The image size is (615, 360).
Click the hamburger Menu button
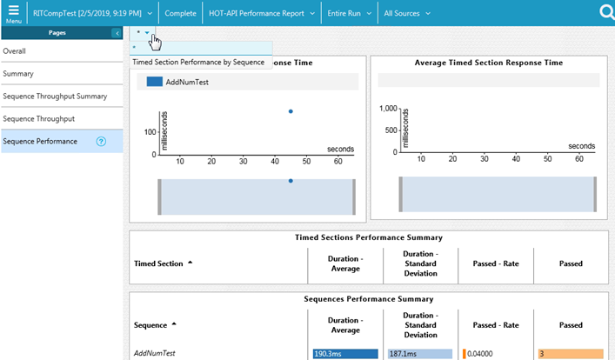click(x=13, y=13)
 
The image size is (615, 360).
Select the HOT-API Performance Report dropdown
click(x=262, y=14)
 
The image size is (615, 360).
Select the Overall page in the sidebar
click(x=15, y=51)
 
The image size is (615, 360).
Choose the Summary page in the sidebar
click(x=18, y=74)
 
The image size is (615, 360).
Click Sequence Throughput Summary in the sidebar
click(x=55, y=97)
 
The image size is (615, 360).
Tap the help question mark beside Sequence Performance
click(x=101, y=142)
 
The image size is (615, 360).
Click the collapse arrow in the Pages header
click(x=117, y=33)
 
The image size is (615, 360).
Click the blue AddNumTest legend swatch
click(x=154, y=82)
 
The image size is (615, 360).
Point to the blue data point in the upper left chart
click(x=291, y=111)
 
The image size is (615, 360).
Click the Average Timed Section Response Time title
click(x=488, y=63)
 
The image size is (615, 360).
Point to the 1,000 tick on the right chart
click(x=385, y=109)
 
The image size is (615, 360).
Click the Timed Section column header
click(x=160, y=263)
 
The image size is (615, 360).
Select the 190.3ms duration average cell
click(x=344, y=354)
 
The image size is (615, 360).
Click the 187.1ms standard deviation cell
click(x=419, y=354)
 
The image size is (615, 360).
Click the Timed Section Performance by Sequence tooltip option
click(x=197, y=62)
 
